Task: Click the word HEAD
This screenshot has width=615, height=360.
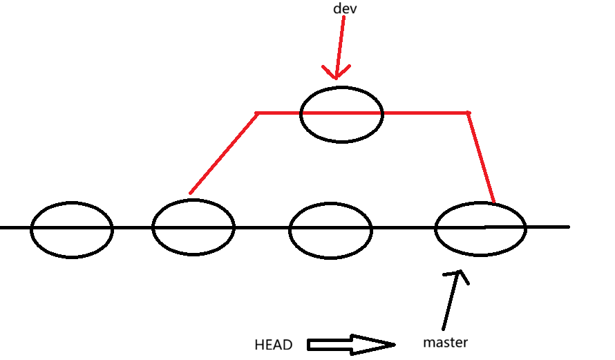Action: coord(274,345)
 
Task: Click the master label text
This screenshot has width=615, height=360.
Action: coord(446,342)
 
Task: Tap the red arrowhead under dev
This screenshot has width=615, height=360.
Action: coord(337,72)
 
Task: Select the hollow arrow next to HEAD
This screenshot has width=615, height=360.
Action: coord(350,344)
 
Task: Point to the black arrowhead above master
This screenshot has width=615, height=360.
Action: coord(457,276)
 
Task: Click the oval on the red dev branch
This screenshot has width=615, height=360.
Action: coord(341,115)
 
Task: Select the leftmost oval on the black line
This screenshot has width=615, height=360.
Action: coord(72,229)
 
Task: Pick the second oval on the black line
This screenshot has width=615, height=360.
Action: coord(193,227)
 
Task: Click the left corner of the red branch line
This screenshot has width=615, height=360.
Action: coord(257,113)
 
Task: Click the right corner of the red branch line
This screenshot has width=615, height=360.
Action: coord(468,113)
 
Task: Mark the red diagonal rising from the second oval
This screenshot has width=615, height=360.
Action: coord(224,153)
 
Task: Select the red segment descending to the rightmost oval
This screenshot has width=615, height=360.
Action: coord(482,159)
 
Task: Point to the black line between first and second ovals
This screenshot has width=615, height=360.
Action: coord(132,227)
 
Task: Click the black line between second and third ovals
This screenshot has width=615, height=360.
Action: coord(262,227)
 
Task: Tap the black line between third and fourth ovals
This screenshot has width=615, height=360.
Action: coord(404,227)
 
